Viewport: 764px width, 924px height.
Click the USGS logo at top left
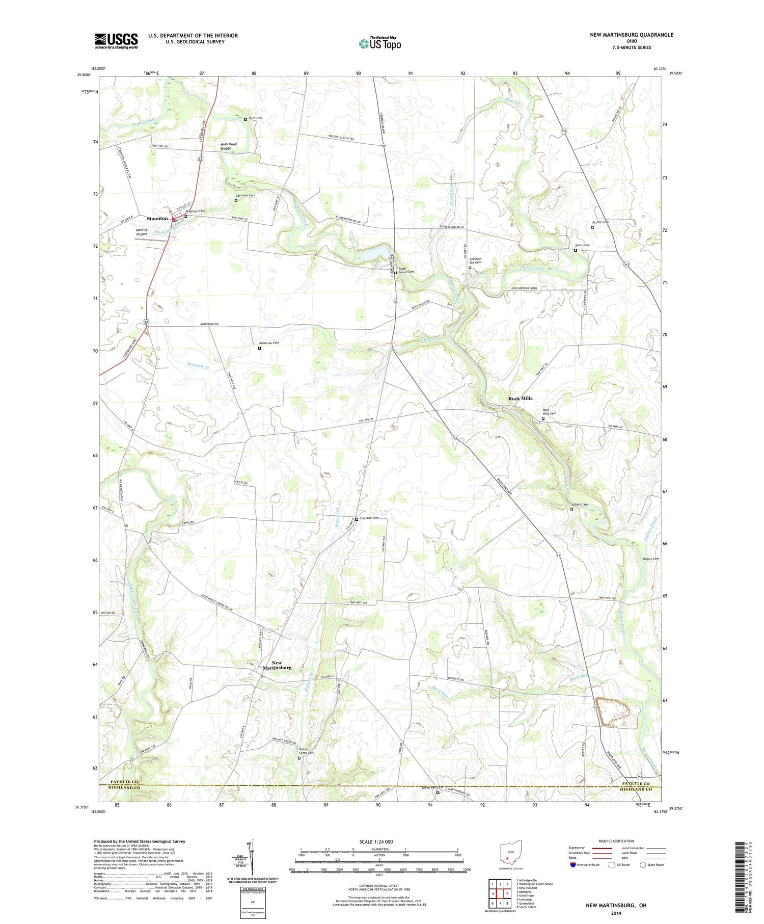(116, 41)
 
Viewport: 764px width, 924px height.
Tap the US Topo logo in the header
(379, 44)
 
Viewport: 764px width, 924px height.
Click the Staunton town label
(157, 218)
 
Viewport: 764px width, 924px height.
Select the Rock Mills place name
(520, 398)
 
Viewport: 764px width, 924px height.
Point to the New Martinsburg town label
(277, 665)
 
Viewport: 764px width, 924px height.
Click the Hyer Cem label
(255, 119)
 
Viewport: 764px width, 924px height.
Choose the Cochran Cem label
(369, 518)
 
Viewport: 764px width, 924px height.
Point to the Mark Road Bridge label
(228, 146)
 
